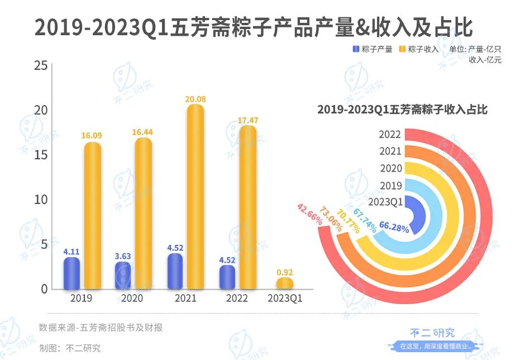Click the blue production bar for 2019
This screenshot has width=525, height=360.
point(71,273)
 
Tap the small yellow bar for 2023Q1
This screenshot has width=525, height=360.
point(284,283)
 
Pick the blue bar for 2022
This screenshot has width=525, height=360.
point(227,277)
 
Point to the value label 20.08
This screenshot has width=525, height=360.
point(195,99)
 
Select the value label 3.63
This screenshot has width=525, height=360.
point(123,256)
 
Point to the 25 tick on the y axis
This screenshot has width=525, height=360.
point(40,66)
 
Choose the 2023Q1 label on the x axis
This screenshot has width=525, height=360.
point(285,299)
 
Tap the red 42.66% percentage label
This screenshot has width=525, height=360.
point(310,214)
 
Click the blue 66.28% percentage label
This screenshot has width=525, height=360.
point(394,228)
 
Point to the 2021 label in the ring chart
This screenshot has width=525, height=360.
point(390,151)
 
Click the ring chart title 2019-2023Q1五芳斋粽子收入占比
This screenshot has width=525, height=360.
point(402,110)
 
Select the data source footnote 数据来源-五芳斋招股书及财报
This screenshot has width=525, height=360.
point(101,328)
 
